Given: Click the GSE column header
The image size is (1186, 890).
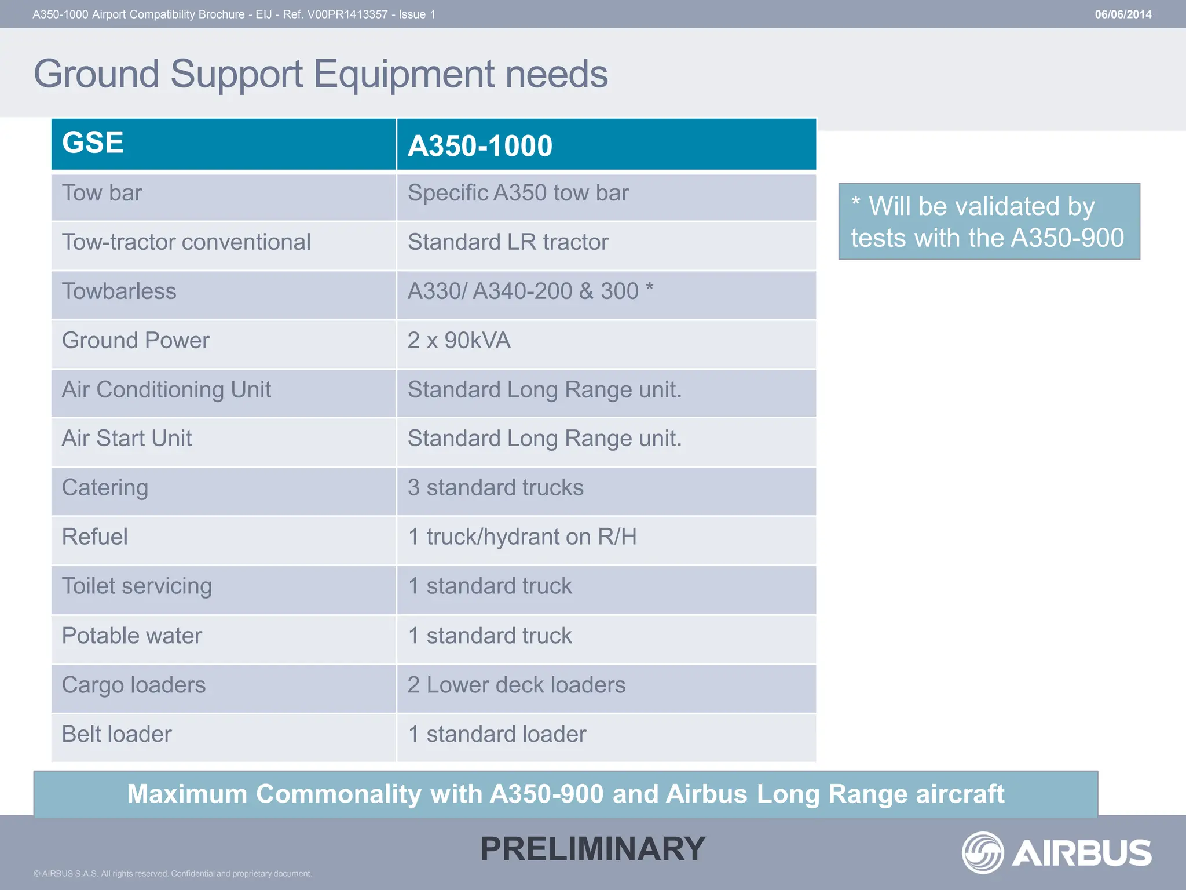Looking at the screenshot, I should pyautogui.click(x=93, y=143).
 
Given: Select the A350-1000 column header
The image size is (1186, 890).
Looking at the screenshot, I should pyautogui.click(x=480, y=145).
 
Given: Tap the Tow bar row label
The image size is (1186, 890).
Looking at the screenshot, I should pyautogui.click(x=102, y=193).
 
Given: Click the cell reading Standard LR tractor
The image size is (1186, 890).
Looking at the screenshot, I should pyautogui.click(x=508, y=242).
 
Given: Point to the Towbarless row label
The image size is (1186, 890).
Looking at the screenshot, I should pyautogui.click(x=119, y=291).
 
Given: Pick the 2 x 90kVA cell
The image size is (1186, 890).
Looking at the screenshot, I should pyautogui.click(x=459, y=341).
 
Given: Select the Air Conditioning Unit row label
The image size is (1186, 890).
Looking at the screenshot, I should pyautogui.click(x=166, y=390).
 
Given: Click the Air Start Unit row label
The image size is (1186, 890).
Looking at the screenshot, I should pyautogui.click(x=127, y=439).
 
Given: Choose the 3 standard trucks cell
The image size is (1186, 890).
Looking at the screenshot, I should pyautogui.click(x=495, y=488).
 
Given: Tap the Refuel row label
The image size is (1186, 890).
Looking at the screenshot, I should pyautogui.click(x=95, y=537).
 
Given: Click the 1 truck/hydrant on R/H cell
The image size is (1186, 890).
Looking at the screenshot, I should pyautogui.click(x=522, y=537).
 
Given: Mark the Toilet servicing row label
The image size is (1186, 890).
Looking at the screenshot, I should pyautogui.click(x=137, y=586).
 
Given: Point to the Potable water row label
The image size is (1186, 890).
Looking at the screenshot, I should pyautogui.click(x=132, y=636).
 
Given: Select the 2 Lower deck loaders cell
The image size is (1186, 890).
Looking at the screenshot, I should pyautogui.click(x=517, y=685).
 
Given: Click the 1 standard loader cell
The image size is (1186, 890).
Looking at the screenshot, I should pyautogui.click(x=497, y=734).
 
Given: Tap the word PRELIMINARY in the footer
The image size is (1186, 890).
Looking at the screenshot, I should pyautogui.click(x=593, y=849).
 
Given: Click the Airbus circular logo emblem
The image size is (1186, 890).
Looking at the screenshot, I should pyautogui.click(x=982, y=852).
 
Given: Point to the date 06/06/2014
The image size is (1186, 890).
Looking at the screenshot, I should pyautogui.click(x=1123, y=14).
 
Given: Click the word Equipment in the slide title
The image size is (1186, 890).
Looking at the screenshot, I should pyautogui.click(x=404, y=74).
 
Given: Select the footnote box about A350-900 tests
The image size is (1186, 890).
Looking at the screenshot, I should pyautogui.click(x=989, y=221).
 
